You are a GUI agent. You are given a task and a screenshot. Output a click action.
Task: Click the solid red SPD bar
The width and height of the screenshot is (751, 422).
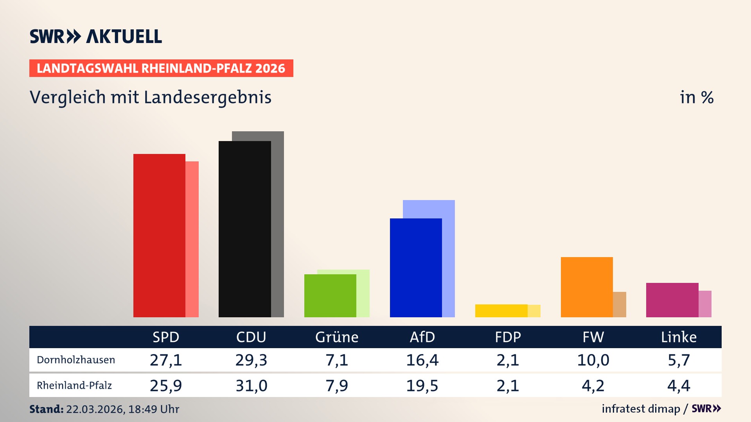point(159,235)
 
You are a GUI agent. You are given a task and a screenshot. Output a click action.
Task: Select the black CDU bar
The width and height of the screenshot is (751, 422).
point(244,229)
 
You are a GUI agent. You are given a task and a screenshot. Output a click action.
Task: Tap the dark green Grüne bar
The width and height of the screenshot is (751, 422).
point(330,295)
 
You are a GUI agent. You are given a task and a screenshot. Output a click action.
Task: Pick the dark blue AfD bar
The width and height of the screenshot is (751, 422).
point(416,268)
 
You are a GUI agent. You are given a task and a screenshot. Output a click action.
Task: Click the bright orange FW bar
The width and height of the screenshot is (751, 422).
point(587,287)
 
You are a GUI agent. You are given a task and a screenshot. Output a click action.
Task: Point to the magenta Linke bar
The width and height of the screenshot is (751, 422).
point(672,300)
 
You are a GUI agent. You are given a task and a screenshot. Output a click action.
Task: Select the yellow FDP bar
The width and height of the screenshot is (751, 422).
point(501,311)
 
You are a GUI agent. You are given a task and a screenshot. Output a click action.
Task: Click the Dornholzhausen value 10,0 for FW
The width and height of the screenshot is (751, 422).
point(593,360)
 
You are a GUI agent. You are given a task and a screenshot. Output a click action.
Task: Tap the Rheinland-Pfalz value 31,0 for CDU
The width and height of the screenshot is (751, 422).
point(251,386)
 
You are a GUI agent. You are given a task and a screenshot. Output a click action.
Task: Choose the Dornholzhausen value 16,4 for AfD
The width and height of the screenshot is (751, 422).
point(422,360)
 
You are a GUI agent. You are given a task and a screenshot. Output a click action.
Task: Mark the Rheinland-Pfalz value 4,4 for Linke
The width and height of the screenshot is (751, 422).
point(679,386)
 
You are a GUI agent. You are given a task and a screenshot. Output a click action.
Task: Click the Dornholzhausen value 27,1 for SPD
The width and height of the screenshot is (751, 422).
point(166,360)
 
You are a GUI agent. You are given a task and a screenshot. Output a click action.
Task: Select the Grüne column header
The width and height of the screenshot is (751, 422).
point(337,337)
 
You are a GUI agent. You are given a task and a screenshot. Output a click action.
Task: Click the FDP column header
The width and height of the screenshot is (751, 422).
point(508,337)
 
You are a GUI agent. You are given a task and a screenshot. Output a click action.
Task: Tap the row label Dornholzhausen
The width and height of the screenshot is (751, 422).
point(76,360)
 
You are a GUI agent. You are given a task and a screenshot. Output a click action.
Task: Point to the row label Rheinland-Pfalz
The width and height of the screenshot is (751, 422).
point(74,386)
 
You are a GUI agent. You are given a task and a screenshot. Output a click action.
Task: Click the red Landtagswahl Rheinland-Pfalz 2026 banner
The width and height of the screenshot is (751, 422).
point(161,68)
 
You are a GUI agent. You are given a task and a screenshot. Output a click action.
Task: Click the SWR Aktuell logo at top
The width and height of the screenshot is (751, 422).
point(96,36)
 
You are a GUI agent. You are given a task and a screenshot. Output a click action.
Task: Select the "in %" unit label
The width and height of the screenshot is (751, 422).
point(697,97)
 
